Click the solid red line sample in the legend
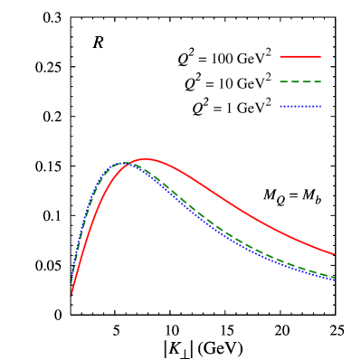pyautogui.click(x=300, y=57)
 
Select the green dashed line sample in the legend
pyautogui.click(x=300, y=81)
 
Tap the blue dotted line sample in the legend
pyautogui.click(x=300, y=107)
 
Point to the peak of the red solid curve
pyautogui.click(x=146, y=159)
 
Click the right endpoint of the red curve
pyautogui.click(x=334, y=254)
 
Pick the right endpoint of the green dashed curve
pyautogui.click(x=334, y=277)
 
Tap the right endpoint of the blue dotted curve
pyautogui.click(x=334, y=279)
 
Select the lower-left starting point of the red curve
pyautogui.click(x=71, y=295)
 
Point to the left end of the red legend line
pyautogui.click(x=280, y=57)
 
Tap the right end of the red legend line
pyautogui.click(x=320, y=57)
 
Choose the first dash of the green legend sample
pyautogui.click(x=284, y=81)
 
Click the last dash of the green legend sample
pyautogui.click(x=317, y=81)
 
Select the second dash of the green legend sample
pyautogui.click(x=295, y=81)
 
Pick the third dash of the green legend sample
pyautogui.click(x=306, y=81)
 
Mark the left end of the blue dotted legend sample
pyautogui.click(x=280, y=107)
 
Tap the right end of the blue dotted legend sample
pyautogui.click(x=320, y=107)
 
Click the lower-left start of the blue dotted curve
pyautogui.click(x=72, y=272)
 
